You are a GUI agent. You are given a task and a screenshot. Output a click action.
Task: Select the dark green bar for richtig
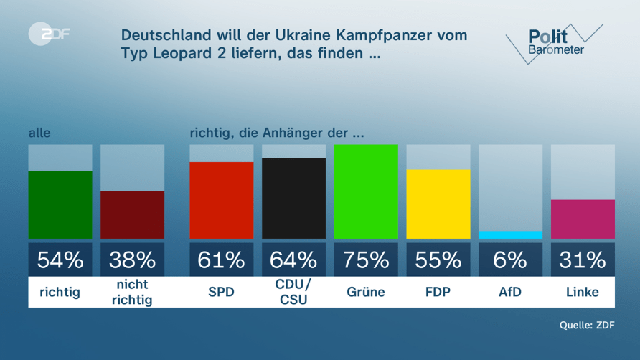[60, 204]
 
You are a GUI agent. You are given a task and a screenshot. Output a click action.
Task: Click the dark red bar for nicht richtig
[132, 214]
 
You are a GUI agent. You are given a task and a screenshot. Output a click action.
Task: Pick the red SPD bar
[221, 200]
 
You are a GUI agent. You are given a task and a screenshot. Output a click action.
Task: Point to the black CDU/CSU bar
[293, 199]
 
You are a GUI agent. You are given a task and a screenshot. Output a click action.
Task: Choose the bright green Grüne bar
[366, 191]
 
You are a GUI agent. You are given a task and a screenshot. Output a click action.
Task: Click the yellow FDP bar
[438, 204]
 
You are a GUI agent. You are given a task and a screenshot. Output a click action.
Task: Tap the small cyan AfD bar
[510, 235]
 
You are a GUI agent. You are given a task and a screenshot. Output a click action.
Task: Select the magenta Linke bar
[583, 219]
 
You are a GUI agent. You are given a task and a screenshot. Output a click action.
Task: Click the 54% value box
[60, 260]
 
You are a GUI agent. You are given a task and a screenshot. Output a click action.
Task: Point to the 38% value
[132, 260]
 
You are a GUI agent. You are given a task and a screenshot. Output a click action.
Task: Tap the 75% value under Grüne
[366, 260]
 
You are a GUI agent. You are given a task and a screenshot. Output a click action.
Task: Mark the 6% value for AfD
[510, 260]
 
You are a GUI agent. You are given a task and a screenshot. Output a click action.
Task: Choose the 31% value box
[583, 260]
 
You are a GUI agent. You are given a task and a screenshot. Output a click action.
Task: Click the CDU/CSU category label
[293, 292]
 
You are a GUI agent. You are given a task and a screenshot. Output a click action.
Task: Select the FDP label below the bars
[438, 292]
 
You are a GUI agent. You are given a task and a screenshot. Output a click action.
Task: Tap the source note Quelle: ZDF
[587, 326]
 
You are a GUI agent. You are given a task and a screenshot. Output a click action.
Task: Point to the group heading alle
[39, 133]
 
